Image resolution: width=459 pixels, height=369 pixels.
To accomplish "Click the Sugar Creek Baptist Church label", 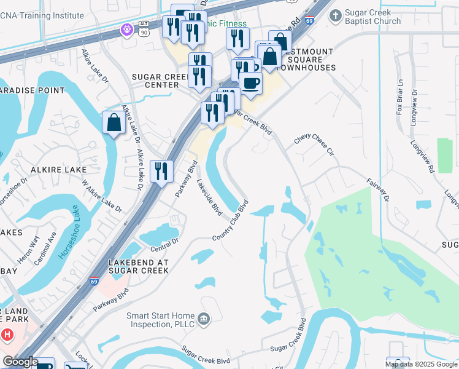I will click(x=373, y=17).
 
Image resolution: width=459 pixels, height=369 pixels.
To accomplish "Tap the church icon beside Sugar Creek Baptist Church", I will click(x=335, y=15).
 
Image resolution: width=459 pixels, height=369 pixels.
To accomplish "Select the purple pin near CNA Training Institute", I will click(x=127, y=28).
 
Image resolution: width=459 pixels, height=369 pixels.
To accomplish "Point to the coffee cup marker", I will click(x=250, y=82).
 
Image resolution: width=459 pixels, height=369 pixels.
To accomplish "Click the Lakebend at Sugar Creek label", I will click(x=138, y=266).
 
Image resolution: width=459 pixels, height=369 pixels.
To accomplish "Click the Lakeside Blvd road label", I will click(x=209, y=197).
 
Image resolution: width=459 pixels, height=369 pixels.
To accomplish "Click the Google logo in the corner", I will click(x=20, y=362).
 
